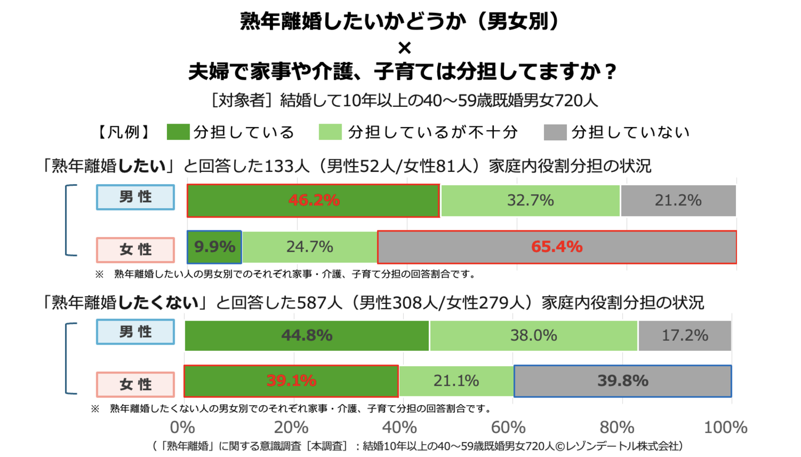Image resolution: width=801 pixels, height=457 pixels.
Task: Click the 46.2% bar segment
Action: coord(313,200)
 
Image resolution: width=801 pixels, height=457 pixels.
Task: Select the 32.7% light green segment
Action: coord(530,200)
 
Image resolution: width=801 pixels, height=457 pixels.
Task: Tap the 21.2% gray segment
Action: coord(678,200)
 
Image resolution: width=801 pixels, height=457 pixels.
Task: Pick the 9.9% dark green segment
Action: coord(215,247)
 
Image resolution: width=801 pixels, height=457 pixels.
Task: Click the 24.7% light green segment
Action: coord(310,247)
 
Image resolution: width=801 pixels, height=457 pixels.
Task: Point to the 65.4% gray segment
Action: coord(557,247)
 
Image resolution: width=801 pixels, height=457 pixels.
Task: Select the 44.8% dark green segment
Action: coord(306,336)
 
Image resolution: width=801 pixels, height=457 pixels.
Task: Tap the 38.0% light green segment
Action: coord(533,336)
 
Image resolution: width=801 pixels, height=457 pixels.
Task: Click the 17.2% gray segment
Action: coord(685,336)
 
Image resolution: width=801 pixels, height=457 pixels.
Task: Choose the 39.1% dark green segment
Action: coord(291,381)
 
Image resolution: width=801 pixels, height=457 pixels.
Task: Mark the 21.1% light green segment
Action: coord(456,381)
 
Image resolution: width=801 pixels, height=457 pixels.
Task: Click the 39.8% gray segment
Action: coord(622,381)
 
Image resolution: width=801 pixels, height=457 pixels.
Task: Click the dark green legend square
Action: coord(178,132)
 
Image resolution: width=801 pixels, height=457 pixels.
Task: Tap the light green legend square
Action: coord(330,132)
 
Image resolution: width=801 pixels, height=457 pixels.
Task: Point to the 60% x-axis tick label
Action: coord(509,427)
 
